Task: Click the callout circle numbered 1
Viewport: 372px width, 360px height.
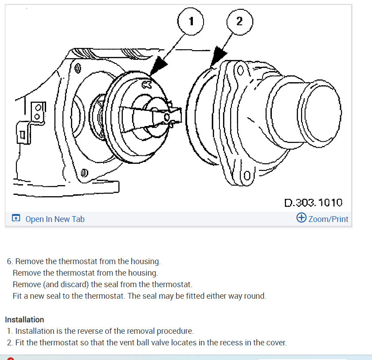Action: [191, 21]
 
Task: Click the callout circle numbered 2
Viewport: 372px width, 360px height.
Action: [239, 21]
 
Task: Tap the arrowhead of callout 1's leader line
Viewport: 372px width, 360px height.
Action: [159, 68]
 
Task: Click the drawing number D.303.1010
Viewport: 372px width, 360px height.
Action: [313, 203]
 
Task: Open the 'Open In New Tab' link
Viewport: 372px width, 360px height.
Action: [55, 219]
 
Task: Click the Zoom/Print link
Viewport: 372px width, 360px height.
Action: [328, 219]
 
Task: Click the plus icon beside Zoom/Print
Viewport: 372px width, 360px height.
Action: [301, 218]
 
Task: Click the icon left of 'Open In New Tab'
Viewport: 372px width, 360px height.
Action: [16, 218]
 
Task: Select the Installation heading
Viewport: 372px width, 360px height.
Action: [24, 320]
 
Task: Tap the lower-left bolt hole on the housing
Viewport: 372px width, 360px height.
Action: [84, 173]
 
